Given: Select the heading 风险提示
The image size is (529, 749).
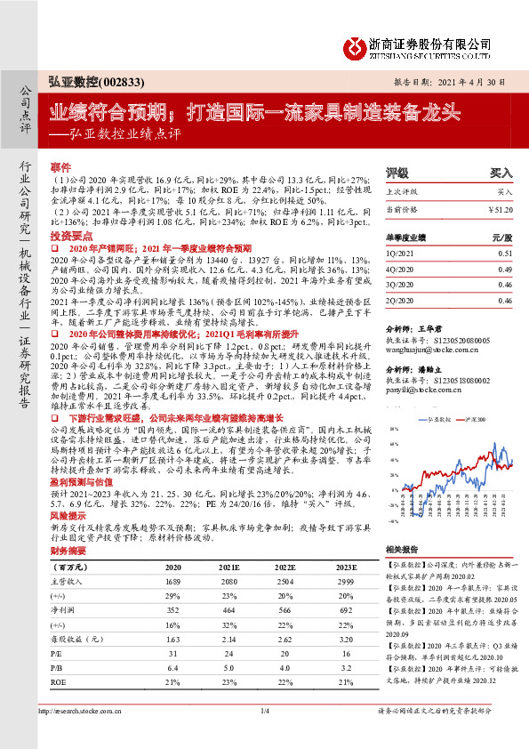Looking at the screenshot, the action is tap(67, 515).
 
